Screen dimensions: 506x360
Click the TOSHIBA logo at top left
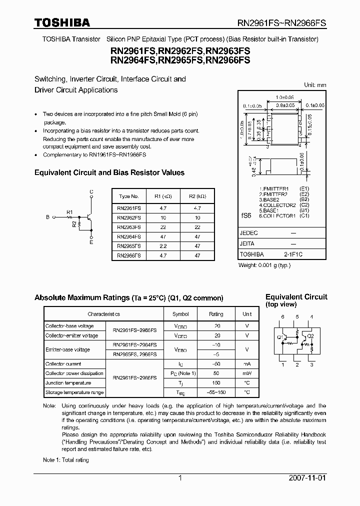pyautogui.click(x=62, y=22)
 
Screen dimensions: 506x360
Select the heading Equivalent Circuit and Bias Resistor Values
pyautogui.click(x=109, y=172)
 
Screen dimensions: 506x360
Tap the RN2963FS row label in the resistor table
pyautogui.click(x=128, y=227)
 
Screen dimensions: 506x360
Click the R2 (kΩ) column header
pyautogui.click(x=197, y=196)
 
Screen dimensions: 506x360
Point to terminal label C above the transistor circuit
pyautogui.click(x=91, y=191)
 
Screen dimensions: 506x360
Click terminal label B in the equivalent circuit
pyautogui.click(x=47, y=217)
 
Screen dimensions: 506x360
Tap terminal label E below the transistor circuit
pyautogui.click(x=91, y=242)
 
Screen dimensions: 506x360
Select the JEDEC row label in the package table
pyautogui.click(x=248, y=233)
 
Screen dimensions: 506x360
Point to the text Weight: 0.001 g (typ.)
pyautogui.click(x=264, y=265)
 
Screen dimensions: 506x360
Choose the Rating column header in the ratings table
pyautogui.click(x=216, y=314)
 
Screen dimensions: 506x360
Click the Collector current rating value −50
pyautogui.click(x=216, y=364)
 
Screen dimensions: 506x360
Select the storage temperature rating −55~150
pyautogui.click(x=216, y=392)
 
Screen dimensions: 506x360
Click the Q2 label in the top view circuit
pyautogui.click(x=310, y=335)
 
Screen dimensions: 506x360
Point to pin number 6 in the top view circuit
pyautogui.click(x=282, y=317)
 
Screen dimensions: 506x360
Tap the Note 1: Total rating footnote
pyautogui.click(x=65, y=460)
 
